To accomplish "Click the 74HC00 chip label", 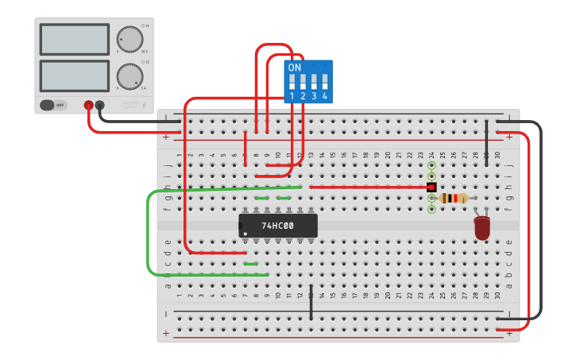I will point(277,226).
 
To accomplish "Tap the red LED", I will point(482,228).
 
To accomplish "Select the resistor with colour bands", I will point(454,198).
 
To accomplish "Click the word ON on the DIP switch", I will point(295,68).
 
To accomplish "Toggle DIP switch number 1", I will point(292,81).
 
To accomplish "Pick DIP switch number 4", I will point(324,81).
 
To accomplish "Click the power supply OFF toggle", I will point(53,105).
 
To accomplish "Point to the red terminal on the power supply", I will point(88,105).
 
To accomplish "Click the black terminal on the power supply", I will point(99,105).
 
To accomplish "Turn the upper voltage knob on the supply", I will point(130,39).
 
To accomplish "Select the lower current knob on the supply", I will point(130,76).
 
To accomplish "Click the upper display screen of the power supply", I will point(74,39).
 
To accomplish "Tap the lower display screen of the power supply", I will point(74,75).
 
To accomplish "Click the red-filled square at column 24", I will point(431,187).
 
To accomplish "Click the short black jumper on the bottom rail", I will point(311,302).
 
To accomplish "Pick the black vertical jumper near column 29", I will point(486,143).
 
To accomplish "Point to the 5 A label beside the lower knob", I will point(144,88).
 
